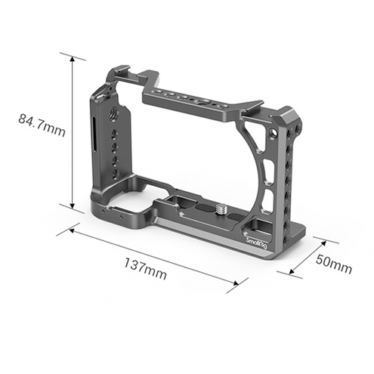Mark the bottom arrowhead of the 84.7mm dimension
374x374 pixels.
73,206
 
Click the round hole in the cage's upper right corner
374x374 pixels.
271,136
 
